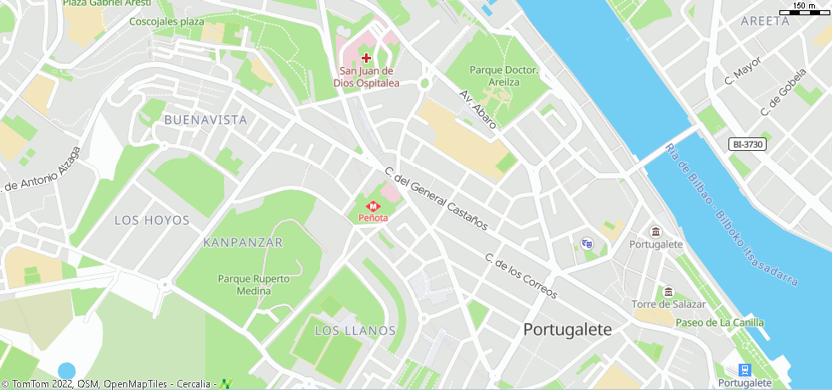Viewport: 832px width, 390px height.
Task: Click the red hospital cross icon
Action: [x=366, y=58]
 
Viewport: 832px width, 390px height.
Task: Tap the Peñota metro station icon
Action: [x=373, y=206]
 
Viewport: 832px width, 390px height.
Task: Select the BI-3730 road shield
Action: [x=747, y=145]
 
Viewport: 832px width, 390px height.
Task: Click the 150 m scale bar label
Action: [x=804, y=7]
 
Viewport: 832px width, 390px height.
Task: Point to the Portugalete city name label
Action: [x=567, y=329]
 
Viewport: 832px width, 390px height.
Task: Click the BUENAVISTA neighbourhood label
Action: [x=205, y=120]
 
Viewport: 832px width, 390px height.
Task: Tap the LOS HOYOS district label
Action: [x=152, y=220]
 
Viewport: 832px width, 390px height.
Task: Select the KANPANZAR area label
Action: [x=243, y=242]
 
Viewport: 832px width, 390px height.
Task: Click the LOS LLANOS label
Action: [x=355, y=330]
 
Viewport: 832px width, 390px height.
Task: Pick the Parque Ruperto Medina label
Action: [x=254, y=284]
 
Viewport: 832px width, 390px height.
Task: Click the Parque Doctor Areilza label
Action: [x=503, y=76]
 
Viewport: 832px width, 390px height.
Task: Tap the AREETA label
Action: [x=764, y=21]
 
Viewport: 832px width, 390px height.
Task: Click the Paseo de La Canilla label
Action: [x=719, y=322]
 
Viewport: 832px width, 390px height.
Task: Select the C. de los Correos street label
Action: [x=520, y=276]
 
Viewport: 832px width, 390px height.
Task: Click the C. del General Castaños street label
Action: [x=436, y=198]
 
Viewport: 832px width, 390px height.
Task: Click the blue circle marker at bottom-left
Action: [x=66, y=370]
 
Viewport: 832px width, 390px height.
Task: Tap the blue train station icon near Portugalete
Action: [x=745, y=370]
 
